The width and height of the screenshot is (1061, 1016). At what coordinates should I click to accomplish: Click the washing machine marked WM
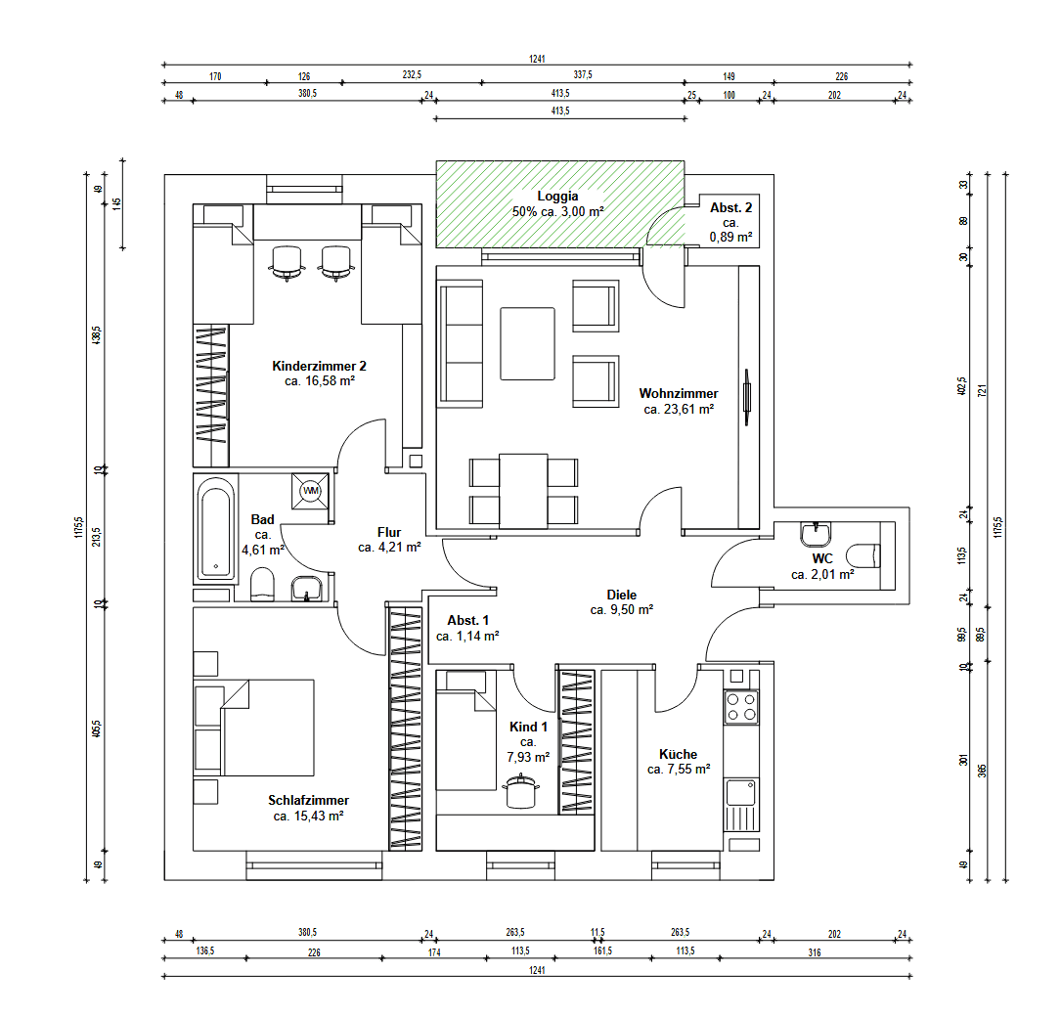click(311, 491)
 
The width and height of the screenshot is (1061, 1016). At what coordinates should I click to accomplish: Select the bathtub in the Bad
click(216, 529)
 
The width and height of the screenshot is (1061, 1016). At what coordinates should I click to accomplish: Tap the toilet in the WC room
click(864, 556)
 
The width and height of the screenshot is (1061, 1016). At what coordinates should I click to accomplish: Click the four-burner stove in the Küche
click(741, 707)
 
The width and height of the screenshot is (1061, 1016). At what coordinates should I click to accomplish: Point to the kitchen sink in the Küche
click(741, 805)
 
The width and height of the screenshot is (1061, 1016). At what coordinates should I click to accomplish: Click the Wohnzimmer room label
click(679, 394)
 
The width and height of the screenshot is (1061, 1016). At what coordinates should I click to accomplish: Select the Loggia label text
click(557, 197)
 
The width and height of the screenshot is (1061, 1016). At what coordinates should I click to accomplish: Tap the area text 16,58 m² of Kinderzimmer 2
click(330, 381)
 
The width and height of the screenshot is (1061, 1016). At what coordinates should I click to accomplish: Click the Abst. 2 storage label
click(730, 207)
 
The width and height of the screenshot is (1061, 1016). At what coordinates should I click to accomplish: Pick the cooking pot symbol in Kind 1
click(520, 792)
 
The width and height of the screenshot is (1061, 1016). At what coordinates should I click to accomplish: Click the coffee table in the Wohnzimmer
click(528, 343)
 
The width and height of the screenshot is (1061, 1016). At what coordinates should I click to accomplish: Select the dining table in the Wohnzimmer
click(523, 491)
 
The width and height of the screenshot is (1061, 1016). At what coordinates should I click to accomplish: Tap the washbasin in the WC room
click(817, 534)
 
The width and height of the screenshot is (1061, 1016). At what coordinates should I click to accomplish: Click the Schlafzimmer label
click(309, 800)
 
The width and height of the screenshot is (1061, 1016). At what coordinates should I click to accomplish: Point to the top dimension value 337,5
click(583, 75)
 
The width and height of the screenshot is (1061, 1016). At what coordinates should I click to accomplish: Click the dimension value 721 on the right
click(983, 390)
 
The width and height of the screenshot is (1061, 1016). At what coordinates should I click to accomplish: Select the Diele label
click(621, 595)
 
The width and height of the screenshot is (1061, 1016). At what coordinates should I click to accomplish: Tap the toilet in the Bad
click(262, 585)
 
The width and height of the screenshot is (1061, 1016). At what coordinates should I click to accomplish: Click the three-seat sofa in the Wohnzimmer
click(462, 344)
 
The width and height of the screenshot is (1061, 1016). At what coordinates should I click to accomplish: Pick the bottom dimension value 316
click(815, 952)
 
